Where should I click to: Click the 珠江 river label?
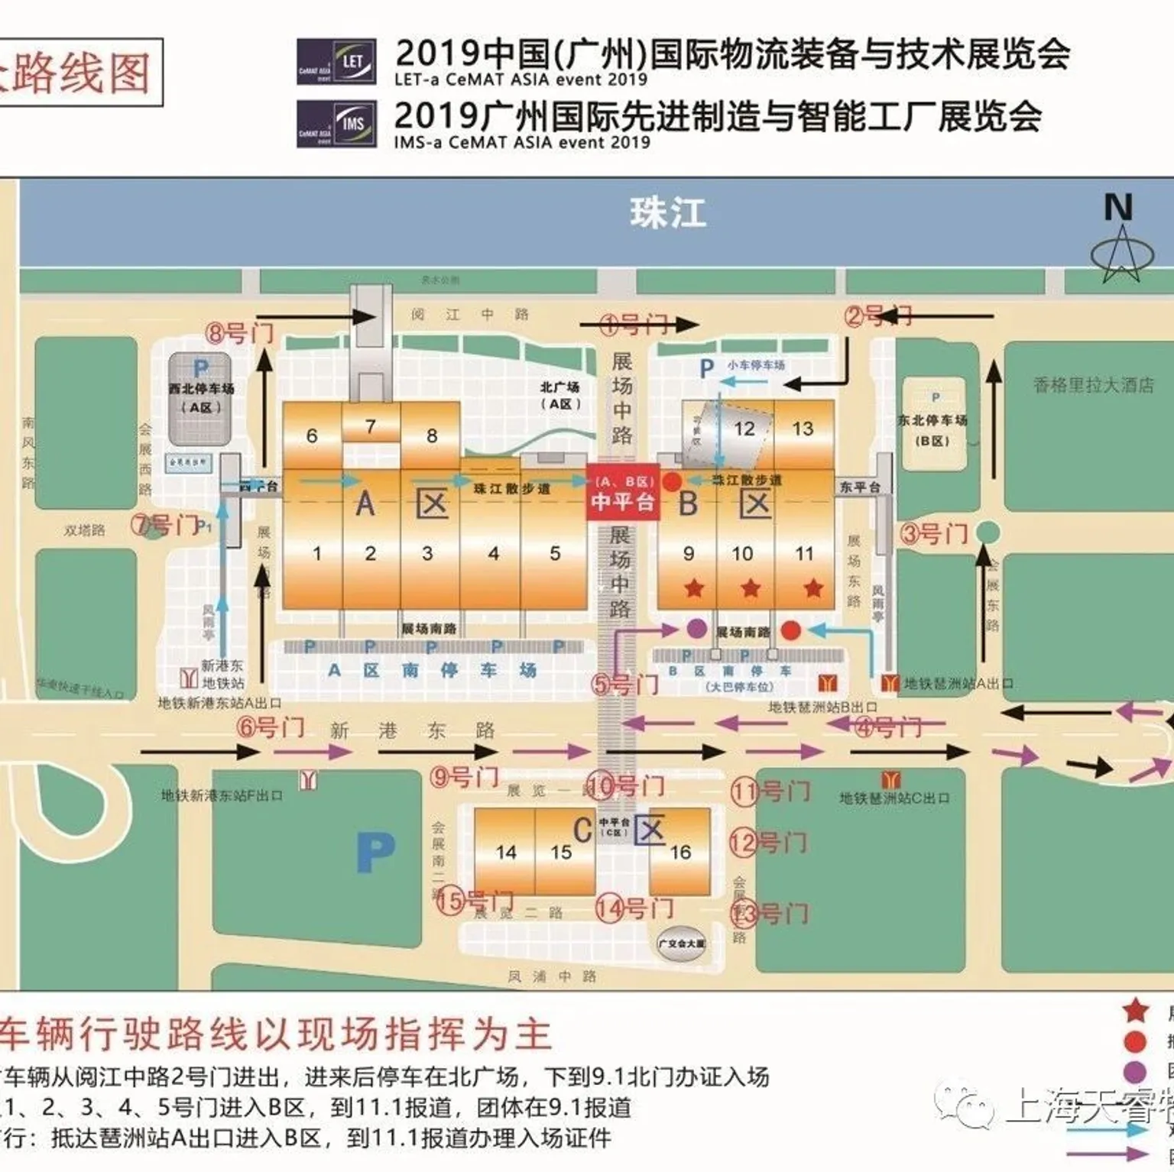pos(667,213)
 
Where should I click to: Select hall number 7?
pos(371,426)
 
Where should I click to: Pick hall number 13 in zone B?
pos(803,429)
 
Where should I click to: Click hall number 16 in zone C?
pos(680,852)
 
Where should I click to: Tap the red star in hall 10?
pos(751,588)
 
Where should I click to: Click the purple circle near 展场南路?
pos(696,629)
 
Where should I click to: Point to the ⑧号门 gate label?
pos(239,333)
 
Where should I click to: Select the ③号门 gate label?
pos(934,533)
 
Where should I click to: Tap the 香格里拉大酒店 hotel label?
pos(1094,385)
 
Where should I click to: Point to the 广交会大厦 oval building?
pos(682,944)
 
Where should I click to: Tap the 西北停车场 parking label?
pos(201,389)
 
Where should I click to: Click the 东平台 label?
pos(860,487)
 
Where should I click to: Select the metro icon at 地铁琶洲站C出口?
pos(890,780)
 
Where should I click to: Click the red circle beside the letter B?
pos(671,482)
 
